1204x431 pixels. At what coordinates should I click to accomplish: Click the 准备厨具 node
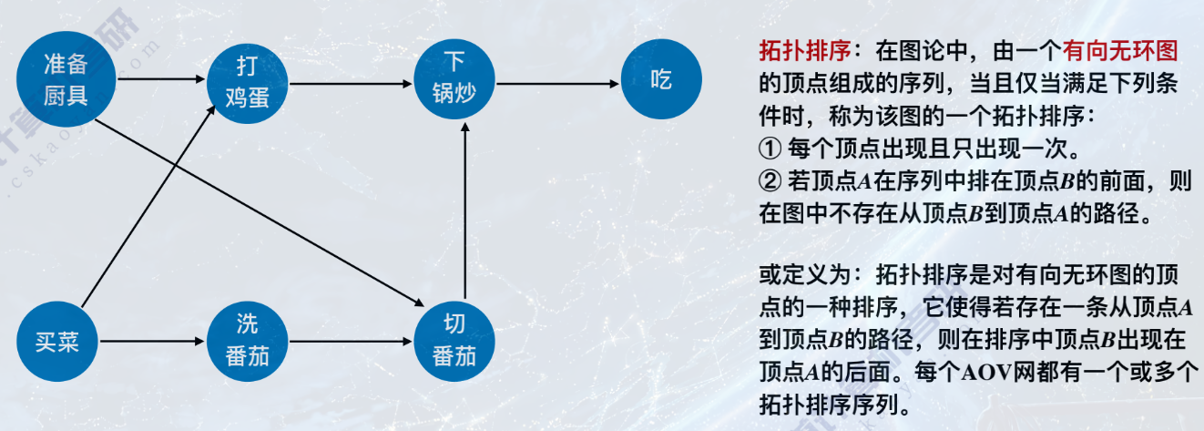click(x=66, y=79)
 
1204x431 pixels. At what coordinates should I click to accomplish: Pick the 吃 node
click(x=661, y=79)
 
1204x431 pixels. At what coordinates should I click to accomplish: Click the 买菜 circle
click(x=57, y=342)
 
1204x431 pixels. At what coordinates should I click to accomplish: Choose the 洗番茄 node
click(x=247, y=342)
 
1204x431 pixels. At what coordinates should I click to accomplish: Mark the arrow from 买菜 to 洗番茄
click(x=151, y=343)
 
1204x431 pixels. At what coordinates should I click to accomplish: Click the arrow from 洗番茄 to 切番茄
click(x=351, y=343)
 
